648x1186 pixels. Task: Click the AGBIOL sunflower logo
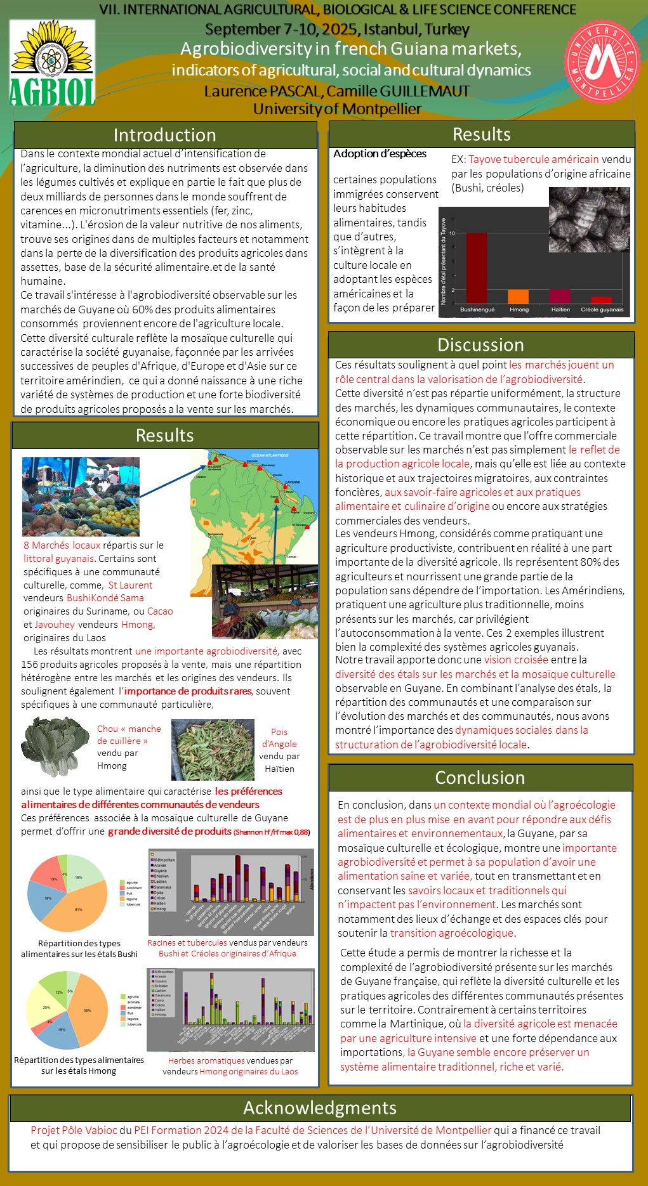(52, 62)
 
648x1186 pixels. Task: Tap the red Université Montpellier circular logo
(602, 62)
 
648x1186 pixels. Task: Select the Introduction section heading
(165, 135)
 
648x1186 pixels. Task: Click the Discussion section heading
(480, 344)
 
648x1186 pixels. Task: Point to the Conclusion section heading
(480, 778)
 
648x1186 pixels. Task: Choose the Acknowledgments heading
(320, 1107)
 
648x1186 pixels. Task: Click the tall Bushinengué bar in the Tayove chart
(476, 268)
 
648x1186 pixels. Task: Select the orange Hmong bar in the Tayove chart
(519, 296)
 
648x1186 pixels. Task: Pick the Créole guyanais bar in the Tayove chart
(601, 300)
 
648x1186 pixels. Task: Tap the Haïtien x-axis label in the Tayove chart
(560, 310)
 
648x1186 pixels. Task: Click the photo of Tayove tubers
(589, 219)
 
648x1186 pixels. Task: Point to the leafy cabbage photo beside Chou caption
(55, 746)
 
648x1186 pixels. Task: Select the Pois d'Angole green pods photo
(213, 749)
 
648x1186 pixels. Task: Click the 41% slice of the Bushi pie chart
(79, 909)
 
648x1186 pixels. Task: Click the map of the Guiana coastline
(254, 507)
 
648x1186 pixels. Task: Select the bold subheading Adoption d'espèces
(380, 153)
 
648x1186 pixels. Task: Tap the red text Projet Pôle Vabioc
(74, 1130)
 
